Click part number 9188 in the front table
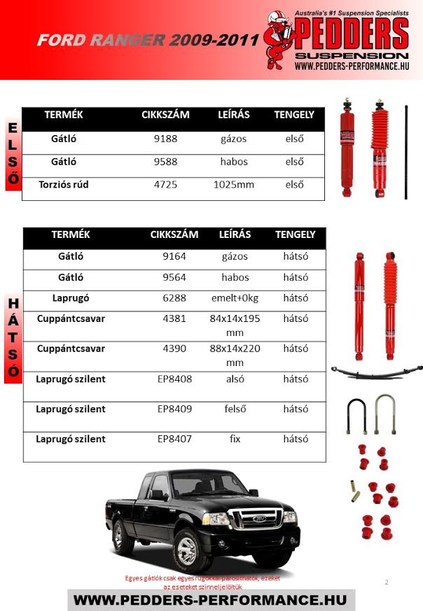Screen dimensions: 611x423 pos(166,139)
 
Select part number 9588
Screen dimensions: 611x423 pos(166,162)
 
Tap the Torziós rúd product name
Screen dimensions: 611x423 pos(64,185)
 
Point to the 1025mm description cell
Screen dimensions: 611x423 pos(234,185)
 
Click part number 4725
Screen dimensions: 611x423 pos(166,185)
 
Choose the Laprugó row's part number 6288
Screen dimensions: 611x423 pos(174,297)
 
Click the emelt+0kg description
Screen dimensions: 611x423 pos(235,297)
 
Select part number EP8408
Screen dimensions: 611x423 pos(174,379)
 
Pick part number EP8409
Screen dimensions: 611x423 pos(174,409)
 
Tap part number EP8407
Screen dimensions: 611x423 pos(174,439)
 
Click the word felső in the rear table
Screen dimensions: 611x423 pos(235,409)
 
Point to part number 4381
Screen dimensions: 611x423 pos(174,318)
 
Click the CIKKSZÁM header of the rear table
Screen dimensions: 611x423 pos(174,234)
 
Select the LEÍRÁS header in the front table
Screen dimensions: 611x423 pos(234,114)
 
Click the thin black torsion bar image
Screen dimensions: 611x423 pos(405,152)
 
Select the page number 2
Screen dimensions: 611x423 pos(386,582)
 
